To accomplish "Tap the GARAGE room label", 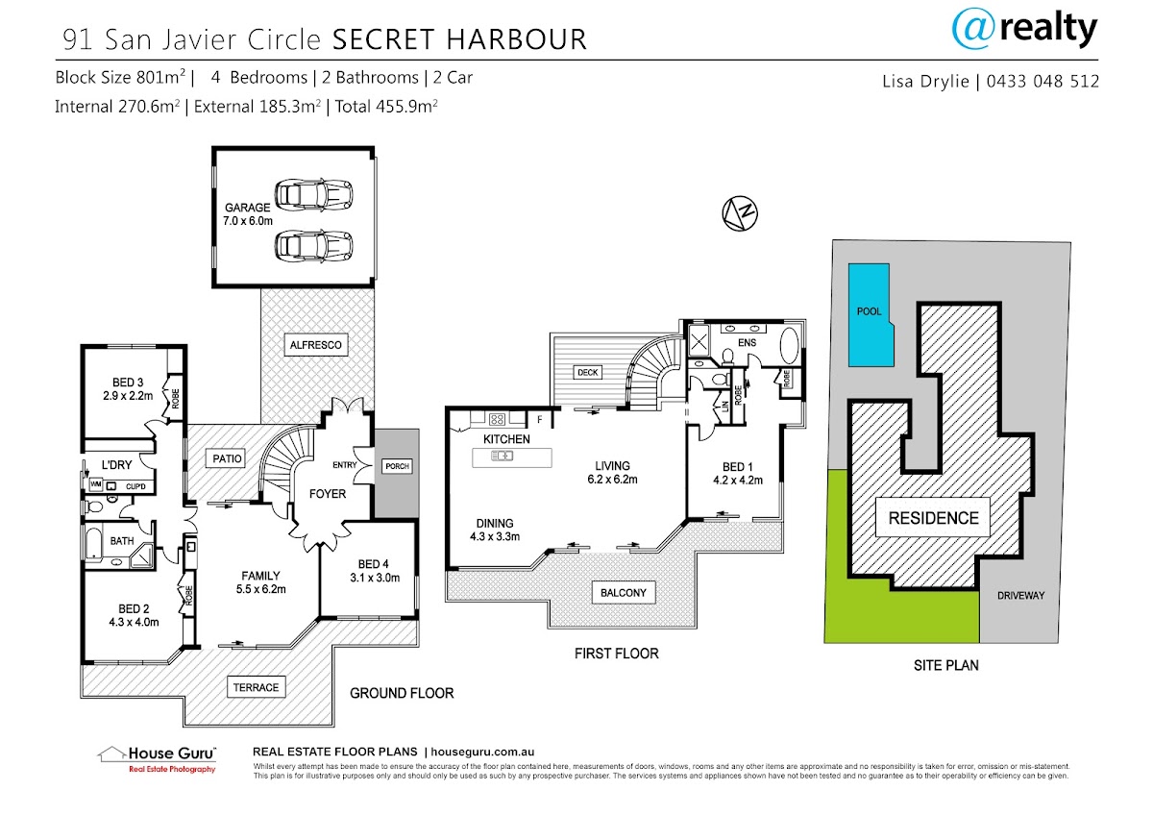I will [x=247, y=207].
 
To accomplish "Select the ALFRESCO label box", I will [x=315, y=344].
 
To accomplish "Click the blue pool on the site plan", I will [x=867, y=315].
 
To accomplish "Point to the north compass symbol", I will [x=740, y=213].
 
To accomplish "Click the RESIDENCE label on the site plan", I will [x=933, y=518].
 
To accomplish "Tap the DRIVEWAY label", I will [x=1020, y=595].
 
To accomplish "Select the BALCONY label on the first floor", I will [x=622, y=592].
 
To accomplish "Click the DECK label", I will [x=586, y=372].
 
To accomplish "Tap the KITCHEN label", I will [x=506, y=438].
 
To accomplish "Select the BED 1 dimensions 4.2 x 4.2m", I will [x=737, y=480].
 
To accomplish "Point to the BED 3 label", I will [x=120, y=383].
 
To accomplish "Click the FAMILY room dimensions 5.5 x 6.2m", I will [x=259, y=589].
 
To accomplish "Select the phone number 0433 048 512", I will [x=1043, y=82].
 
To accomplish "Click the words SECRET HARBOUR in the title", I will [x=458, y=39].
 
